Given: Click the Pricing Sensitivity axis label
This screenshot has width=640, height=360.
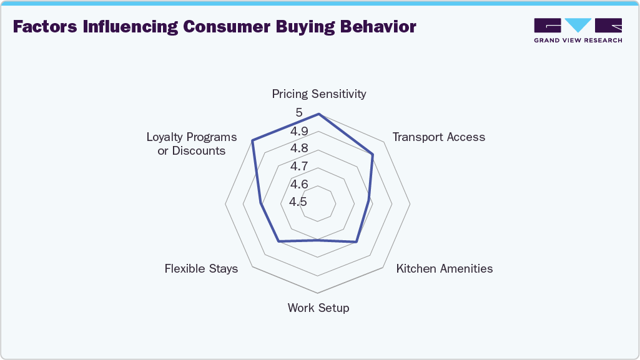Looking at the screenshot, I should click(x=318, y=94).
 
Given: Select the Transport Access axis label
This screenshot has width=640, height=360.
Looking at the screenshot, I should click(x=438, y=137).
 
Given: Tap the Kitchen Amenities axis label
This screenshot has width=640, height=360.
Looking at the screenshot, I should click(x=445, y=269).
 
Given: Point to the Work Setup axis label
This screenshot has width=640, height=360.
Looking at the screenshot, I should click(x=318, y=308).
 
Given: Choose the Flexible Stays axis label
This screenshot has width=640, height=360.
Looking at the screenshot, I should click(x=201, y=269).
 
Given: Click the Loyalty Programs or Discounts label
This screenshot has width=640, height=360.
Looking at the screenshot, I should click(x=192, y=144).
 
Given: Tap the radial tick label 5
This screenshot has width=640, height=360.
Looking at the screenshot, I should click(x=299, y=113).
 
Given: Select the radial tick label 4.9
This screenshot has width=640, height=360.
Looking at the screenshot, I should click(x=298, y=132).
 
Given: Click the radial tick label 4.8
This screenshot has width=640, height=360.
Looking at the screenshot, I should click(x=298, y=148).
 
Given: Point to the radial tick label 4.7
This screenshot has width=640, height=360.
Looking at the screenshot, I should click(x=298, y=167).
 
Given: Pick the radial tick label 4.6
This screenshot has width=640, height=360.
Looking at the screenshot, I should click(x=298, y=185).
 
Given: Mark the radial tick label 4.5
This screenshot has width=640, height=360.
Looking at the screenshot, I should click(x=298, y=202).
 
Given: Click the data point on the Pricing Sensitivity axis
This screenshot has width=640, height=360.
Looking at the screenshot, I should click(x=318, y=114).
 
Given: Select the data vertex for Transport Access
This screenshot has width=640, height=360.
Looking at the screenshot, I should click(x=373, y=154).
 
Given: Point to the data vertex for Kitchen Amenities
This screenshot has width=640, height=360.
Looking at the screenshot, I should click(x=357, y=241).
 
